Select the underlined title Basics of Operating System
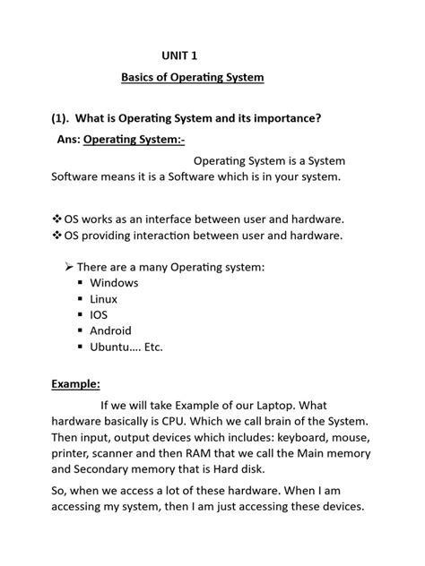point(193,78)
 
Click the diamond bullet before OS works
point(57,219)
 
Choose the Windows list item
point(114,283)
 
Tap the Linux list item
point(103,299)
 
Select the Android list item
point(110,331)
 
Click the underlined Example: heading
point(75,383)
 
